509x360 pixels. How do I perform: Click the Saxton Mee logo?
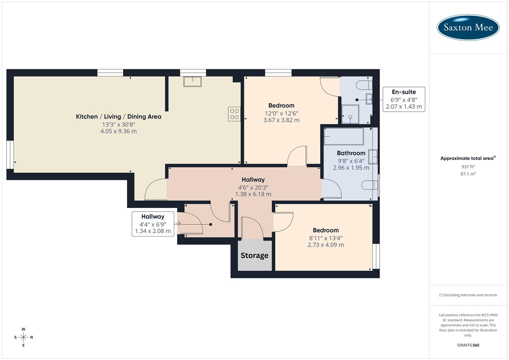(x=468, y=27)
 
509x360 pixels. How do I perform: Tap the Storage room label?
(x=254, y=256)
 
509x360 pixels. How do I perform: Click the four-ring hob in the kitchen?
(x=234, y=114)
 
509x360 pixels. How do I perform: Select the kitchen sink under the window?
(x=192, y=81)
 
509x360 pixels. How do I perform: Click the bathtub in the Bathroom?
(x=344, y=136)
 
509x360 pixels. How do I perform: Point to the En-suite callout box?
(x=404, y=99)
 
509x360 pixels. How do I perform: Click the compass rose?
(x=23, y=337)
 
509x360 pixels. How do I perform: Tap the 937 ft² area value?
(x=468, y=167)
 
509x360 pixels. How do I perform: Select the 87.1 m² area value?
(x=468, y=174)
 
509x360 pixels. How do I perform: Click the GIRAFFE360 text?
(x=468, y=345)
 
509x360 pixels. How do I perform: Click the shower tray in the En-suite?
(x=350, y=114)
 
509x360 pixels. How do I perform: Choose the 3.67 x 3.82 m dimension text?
(x=281, y=120)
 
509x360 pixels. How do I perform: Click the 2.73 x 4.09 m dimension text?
(x=326, y=245)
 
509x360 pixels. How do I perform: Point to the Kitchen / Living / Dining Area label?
(x=119, y=117)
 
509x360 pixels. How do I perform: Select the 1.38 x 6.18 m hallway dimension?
(x=253, y=194)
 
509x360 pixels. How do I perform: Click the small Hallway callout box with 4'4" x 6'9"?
(x=153, y=224)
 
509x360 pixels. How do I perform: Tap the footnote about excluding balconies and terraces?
(x=468, y=295)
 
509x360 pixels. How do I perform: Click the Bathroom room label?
(x=351, y=153)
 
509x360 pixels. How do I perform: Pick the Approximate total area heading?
(x=468, y=158)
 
